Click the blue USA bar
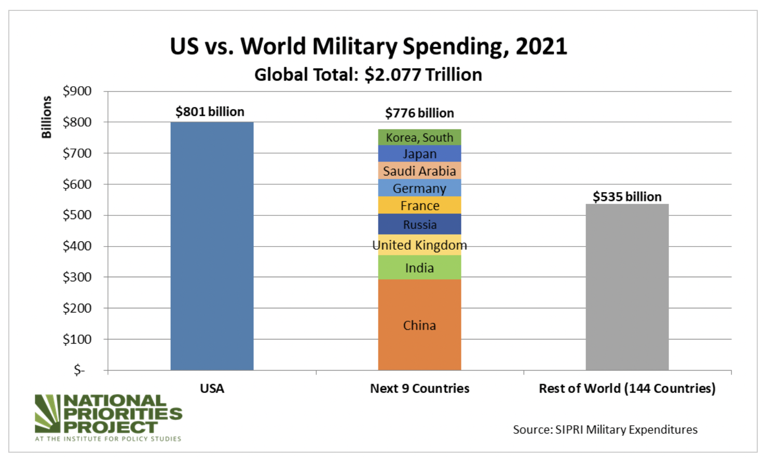tap(212, 246)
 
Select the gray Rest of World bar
tap(627, 287)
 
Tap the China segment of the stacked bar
tap(419, 325)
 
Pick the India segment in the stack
tap(419, 268)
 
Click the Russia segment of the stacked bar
tap(419, 225)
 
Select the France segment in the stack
tap(419, 206)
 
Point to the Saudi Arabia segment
tap(419, 171)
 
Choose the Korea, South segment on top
tap(419, 138)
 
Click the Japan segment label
tap(419, 154)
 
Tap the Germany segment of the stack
tap(419, 188)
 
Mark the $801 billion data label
tap(210, 112)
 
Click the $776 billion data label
tap(419, 113)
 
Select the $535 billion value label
tap(627, 197)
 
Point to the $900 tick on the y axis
tap(77, 91)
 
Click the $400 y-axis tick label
tap(77, 246)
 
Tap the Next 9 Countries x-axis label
tap(419, 388)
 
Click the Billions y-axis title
tap(47, 117)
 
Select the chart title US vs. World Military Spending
tap(369, 46)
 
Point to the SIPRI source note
tap(605, 430)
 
